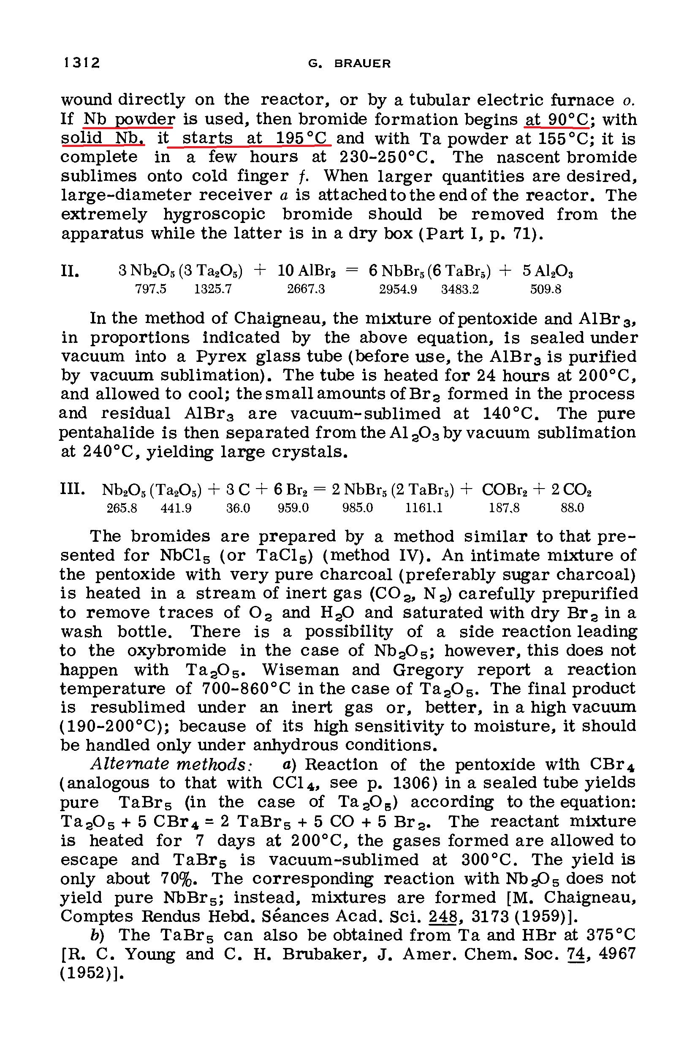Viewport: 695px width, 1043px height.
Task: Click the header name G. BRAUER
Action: pyautogui.click(x=350, y=64)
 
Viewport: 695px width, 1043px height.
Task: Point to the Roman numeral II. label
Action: pyautogui.click(x=70, y=271)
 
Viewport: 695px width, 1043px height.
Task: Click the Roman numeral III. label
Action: pyautogui.click(x=72, y=489)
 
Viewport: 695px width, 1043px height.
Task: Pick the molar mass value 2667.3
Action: pyautogui.click(x=306, y=289)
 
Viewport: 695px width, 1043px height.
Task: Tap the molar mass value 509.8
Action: pyautogui.click(x=546, y=289)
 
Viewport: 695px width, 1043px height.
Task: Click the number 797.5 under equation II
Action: pyautogui.click(x=151, y=289)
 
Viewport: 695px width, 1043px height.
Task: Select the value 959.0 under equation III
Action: pyautogui.click(x=293, y=508)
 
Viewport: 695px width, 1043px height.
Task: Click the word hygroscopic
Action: pyautogui.click(x=214, y=215)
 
